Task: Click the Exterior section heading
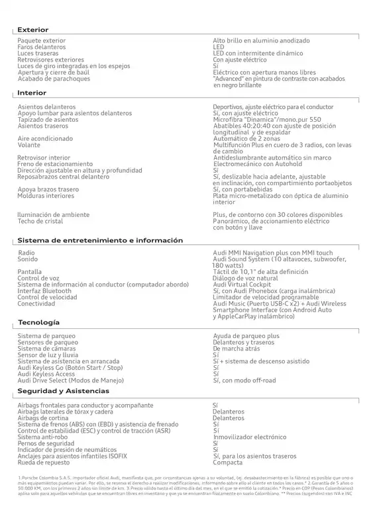click(32, 30)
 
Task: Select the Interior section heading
click(32, 93)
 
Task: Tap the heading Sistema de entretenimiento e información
click(100, 240)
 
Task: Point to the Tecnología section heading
click(39, 322)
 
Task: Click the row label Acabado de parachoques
click(54, 79)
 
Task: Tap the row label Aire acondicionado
click(45, 138)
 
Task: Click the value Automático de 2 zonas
click(246, 138)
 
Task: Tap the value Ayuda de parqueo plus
click(246, 337)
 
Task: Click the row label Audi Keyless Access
click(46, 374)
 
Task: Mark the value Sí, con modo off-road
click(244, 380)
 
